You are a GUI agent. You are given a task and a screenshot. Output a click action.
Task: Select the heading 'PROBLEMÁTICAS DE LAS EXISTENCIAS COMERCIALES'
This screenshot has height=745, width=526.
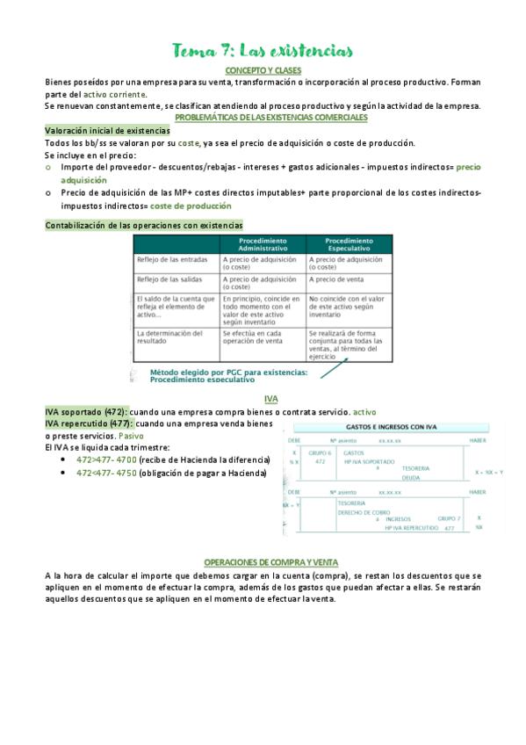click(x=271, y=117)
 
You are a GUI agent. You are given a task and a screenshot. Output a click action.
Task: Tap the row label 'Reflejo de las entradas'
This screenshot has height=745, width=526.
click(x=169, y=260)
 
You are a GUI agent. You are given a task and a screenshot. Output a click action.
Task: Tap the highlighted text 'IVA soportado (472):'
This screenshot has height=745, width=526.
click(x=86, y=411)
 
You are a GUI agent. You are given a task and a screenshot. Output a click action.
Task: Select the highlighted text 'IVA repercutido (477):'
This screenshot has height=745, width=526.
click(x=90, y=423)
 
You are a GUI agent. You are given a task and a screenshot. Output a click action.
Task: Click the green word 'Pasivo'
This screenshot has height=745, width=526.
click(x=132, y=436)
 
